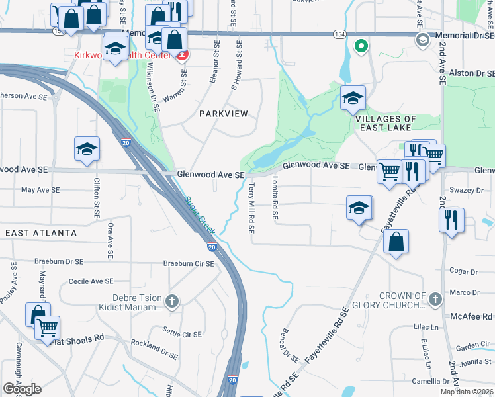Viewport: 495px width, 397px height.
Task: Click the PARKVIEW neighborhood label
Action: [x=224, y=114]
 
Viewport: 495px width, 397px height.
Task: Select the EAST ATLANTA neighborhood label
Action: [x=41, y=233]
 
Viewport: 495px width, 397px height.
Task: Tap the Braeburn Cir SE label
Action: [x=189, y=263]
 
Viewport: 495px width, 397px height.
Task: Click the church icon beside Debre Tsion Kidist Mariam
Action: [x=172, y=302]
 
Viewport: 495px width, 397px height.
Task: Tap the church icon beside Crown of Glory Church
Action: [x=435, y=300]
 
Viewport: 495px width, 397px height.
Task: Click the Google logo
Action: [x=22, y=389]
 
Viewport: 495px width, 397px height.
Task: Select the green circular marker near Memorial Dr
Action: [x=361, y=46]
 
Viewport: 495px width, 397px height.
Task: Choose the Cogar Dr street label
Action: [x=463, y=271]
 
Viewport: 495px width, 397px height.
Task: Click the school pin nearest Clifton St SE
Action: [x=87, y=150]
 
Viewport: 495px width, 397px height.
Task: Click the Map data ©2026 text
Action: [x=467, y=392]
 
